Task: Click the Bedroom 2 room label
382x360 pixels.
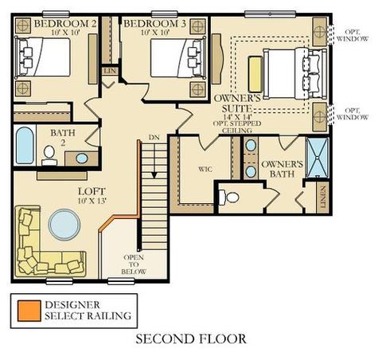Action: pyautogui.click(x=65, y=24)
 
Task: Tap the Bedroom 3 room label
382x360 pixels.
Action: pyautogui.click(x=154, y=24)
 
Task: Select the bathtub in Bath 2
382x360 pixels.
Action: pyautogui.click(x=25, y=145)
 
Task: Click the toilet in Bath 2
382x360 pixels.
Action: pyautogui.click(x=49, y=156)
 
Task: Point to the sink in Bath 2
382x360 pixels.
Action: pyautogui.click(x=81, y=158)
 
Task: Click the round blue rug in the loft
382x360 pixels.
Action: pyautogui.click(x=64, y=225)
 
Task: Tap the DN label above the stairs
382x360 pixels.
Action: pyautogui.click(x=154, y=138)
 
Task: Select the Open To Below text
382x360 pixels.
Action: pyautogui.click(x=134, y=264)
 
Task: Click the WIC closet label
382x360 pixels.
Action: pyautogui.click(x=205, y=169)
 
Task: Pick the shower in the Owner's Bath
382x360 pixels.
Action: pyautogui.click(x=318, y=158)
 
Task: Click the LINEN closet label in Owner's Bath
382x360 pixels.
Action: pyautogui.click(x=323, y=197)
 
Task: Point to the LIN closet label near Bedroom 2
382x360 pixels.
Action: pyautogui.click(x=110, y=71)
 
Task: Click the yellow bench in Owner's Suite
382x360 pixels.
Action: pyautogui.click(x=255, y=74)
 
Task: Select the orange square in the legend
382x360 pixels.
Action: pyautogui.click(x=29, y=311)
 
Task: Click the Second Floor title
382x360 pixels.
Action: pyautogui.click(x=191, y=339)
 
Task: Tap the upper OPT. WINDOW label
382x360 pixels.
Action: pyautogui.click(x=353, y=35)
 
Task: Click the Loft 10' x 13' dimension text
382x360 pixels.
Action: pyautogui.click(x=92, y=201)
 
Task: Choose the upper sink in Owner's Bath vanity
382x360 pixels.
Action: pyautogui.click(x=251, y=145)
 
